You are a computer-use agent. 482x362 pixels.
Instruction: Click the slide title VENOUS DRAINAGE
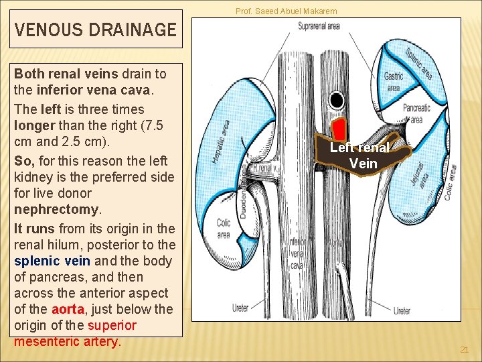pyautogui.click(x=95, y=29)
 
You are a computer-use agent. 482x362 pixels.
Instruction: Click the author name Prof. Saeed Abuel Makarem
pyautogui.click(x=286, y=11)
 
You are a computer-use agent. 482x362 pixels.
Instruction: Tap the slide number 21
pyautogui.click(x=465, y=350)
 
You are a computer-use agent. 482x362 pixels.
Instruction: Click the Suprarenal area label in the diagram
pyautogui.click(x=319, y=26)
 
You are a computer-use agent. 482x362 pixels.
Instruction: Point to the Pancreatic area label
pyautogui.click(x=416, y=113)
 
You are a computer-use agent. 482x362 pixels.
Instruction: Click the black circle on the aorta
pyautogui.click(x=337, y=101)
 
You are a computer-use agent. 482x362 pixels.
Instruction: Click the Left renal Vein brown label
pyautogui.click(x=364, y=156)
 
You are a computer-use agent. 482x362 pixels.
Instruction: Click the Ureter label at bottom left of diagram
pyautogui.click(x=240, y=308)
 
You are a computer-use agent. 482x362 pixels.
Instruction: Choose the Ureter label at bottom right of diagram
pyautogui.click(x=402, y=311)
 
